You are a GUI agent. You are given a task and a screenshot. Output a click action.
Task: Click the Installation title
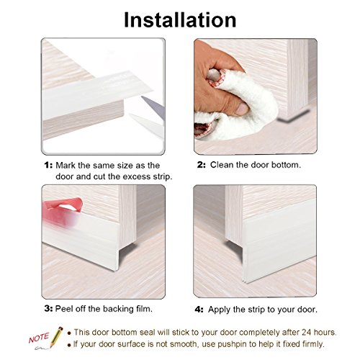pyautogui.click(x=180, y=20)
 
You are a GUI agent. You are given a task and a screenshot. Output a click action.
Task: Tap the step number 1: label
pyautogui.click(x=48, y=165)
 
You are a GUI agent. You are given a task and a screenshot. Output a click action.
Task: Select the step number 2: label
pyautogui.click(x=202, y=165)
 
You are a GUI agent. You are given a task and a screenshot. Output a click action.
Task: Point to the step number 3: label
pyautogui.click(x=48, y=308)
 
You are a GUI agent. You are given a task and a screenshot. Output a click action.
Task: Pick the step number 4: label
pyautogui.click(x=199, y=310)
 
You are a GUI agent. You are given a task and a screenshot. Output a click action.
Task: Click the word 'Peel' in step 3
pyautogui.click(x=63, y=308)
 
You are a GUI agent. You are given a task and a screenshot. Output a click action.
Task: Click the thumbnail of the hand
pyautogui.click(x=242, y=109)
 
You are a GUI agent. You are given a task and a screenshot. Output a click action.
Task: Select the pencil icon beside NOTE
pyautogui.click(x=56, y=336)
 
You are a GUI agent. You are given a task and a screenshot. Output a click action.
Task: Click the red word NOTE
pyautogui.click(x=39, y=338)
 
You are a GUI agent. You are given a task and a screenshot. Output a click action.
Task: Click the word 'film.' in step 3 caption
pyautogui.click(x=145, y=308)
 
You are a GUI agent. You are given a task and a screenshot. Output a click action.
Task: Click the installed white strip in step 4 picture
pyautogui.click(x=279, y=243)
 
